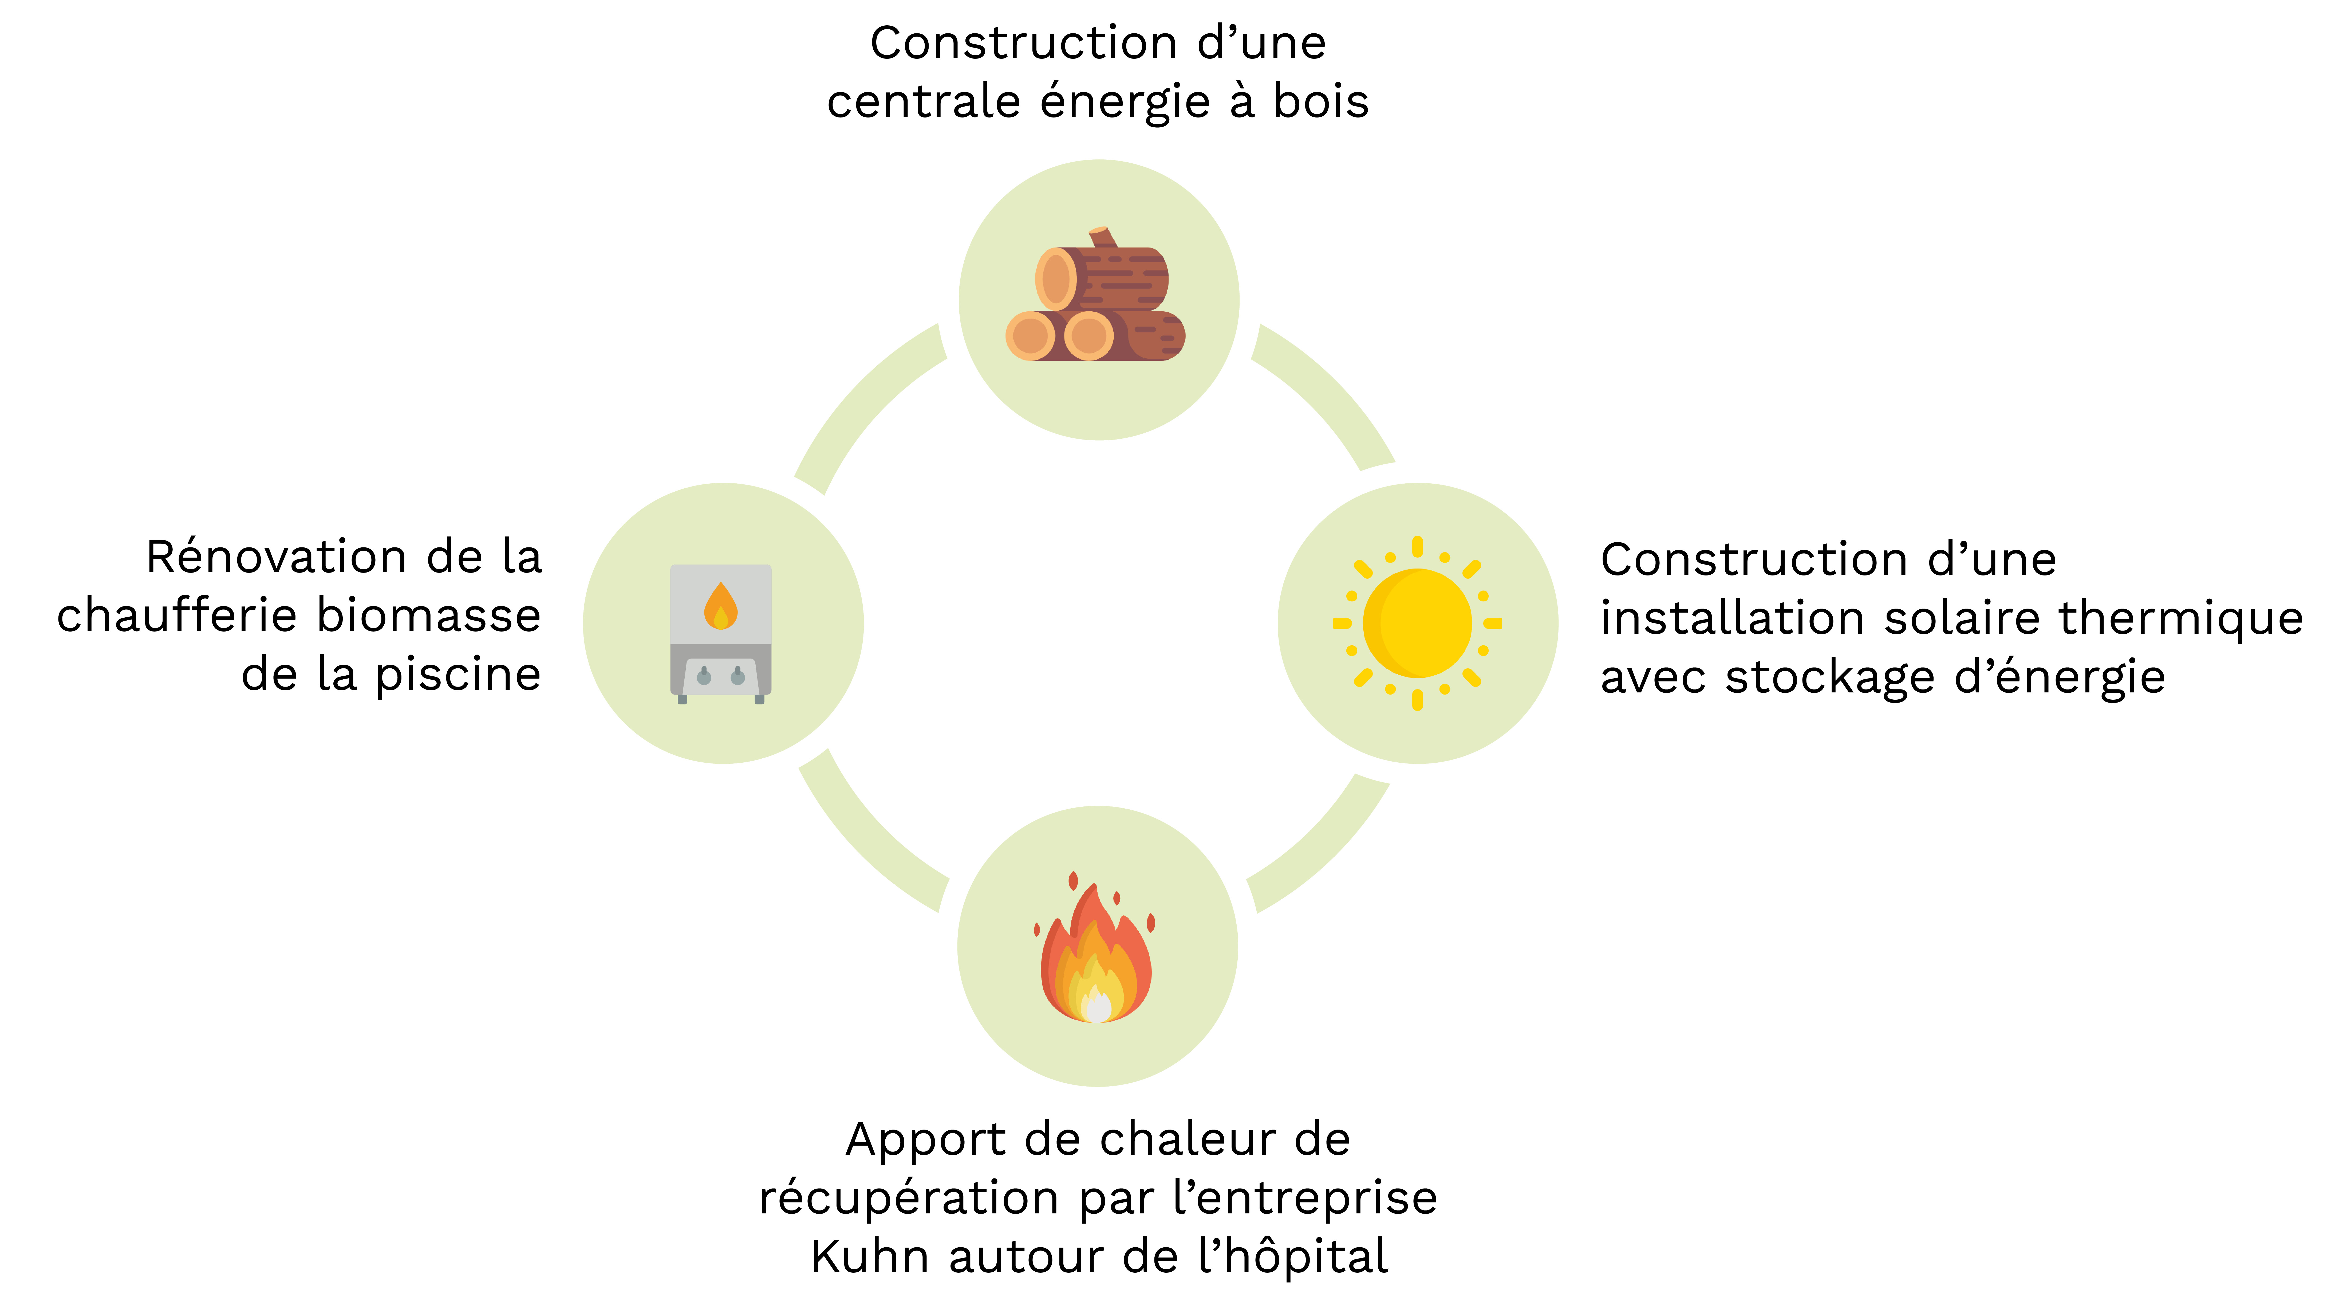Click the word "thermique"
tap(2180, 618)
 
